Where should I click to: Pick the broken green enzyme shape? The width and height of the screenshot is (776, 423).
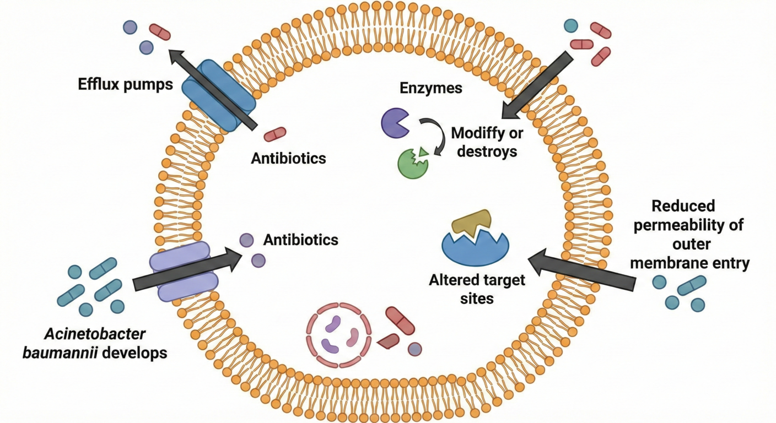412,162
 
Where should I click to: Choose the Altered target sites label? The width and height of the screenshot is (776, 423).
477,289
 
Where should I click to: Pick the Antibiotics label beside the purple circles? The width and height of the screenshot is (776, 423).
300,240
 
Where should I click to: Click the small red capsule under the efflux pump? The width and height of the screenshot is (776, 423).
275,134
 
